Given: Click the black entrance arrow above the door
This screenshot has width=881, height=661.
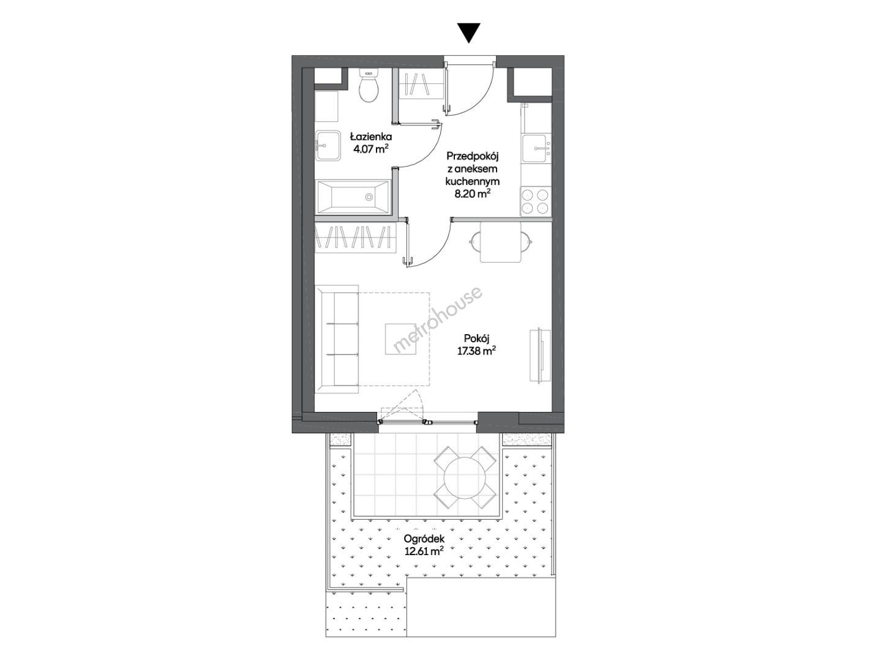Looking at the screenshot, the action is pos(469,33).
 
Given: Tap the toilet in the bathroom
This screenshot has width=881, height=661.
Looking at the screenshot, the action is pos(369,86).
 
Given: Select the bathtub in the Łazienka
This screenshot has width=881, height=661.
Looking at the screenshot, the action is pos(354,197).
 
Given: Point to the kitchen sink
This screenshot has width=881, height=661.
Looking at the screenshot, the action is pos(536,148).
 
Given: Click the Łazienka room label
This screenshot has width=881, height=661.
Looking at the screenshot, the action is pos(371,137).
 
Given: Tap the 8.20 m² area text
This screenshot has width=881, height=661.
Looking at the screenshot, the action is pos(473,194).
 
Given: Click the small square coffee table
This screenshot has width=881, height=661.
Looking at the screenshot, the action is pos(400,339).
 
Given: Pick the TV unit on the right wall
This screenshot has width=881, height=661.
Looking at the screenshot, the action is pos(539,356).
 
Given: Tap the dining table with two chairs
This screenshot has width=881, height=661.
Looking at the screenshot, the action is pos(501,242).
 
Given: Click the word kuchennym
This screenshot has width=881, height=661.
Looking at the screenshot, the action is pos(473,181).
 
